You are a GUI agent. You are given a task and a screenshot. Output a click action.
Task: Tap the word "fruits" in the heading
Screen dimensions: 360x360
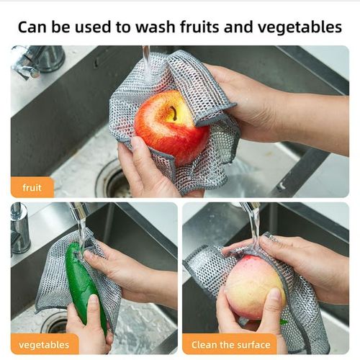215,27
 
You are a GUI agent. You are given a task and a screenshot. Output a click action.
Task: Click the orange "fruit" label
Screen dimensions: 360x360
32,187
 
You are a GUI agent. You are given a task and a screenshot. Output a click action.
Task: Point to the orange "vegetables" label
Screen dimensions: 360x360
45,343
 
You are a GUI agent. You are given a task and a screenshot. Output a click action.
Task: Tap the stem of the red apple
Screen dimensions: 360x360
173,112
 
